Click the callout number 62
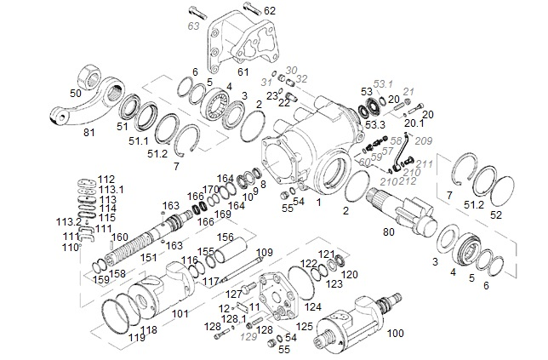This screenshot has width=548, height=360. point(270,11)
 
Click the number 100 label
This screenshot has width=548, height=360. point(397,334)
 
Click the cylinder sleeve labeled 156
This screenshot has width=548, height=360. point(234,254)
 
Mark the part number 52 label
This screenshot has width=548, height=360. point(520,214)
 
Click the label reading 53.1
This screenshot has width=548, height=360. point(384,84)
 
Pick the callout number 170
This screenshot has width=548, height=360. point(210,189)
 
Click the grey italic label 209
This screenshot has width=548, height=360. point(424,140)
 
